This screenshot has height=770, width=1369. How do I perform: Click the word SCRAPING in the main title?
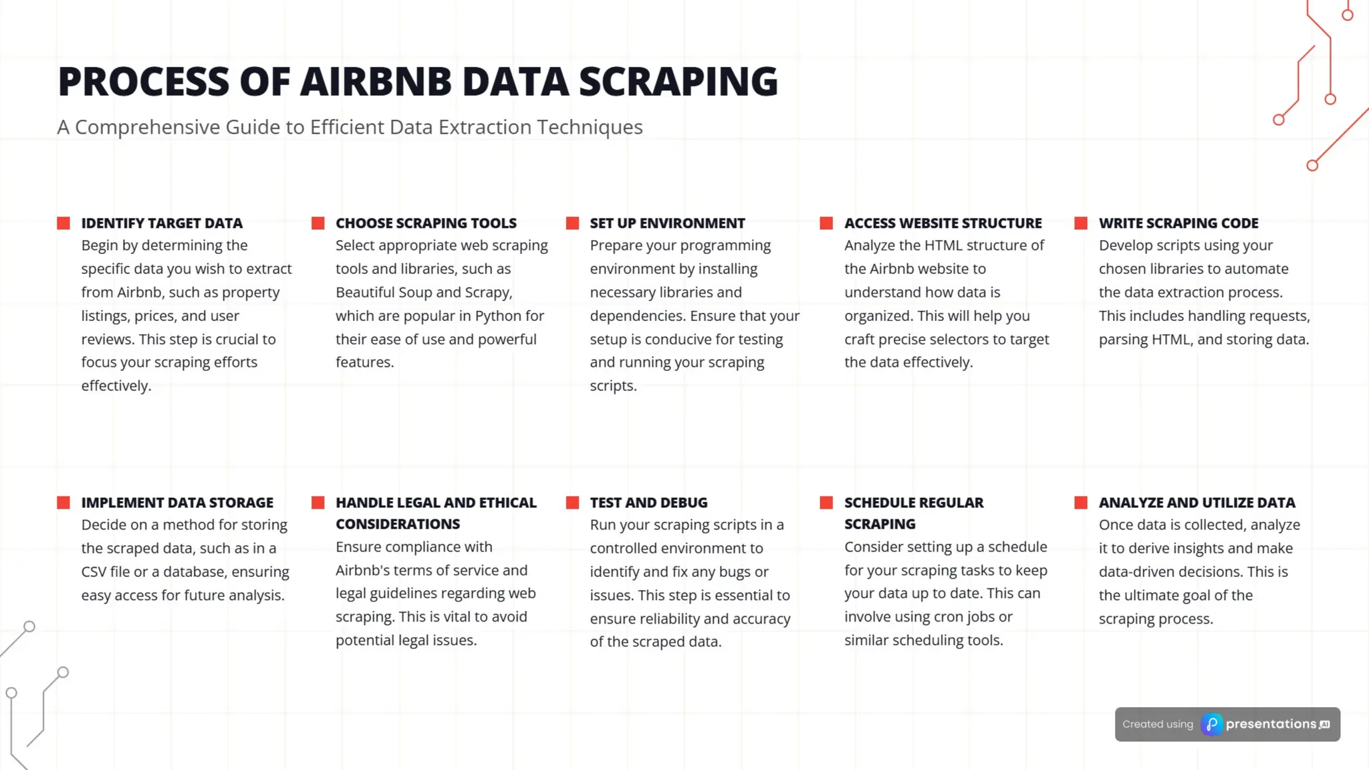pos(678,82)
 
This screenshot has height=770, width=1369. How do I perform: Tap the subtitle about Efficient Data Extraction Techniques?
pos(350,127)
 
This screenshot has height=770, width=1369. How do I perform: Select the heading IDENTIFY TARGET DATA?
pos(162,223)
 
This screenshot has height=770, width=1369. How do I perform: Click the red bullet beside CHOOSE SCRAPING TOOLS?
pos(318,223)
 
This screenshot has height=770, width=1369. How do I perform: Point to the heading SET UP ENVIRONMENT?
pos(667,223)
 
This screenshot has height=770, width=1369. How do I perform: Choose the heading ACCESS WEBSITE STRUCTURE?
pos(943,223)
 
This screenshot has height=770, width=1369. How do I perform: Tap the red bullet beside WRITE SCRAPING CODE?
pos(1081,223)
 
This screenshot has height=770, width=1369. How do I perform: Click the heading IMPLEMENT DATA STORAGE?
pos(177,503)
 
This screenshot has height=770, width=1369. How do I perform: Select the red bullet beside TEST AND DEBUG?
pos(572,503)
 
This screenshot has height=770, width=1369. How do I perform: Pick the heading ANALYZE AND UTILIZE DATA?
pos(1197,503)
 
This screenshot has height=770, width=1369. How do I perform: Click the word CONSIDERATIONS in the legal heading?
pos(398,524)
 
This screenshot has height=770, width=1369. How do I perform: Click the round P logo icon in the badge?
pos(1212,725)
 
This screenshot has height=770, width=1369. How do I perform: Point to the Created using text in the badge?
pos(1158,725)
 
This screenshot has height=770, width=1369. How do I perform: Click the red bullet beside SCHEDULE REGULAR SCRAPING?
pos(827,503)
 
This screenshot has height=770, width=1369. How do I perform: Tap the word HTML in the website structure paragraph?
pos(943,245)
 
